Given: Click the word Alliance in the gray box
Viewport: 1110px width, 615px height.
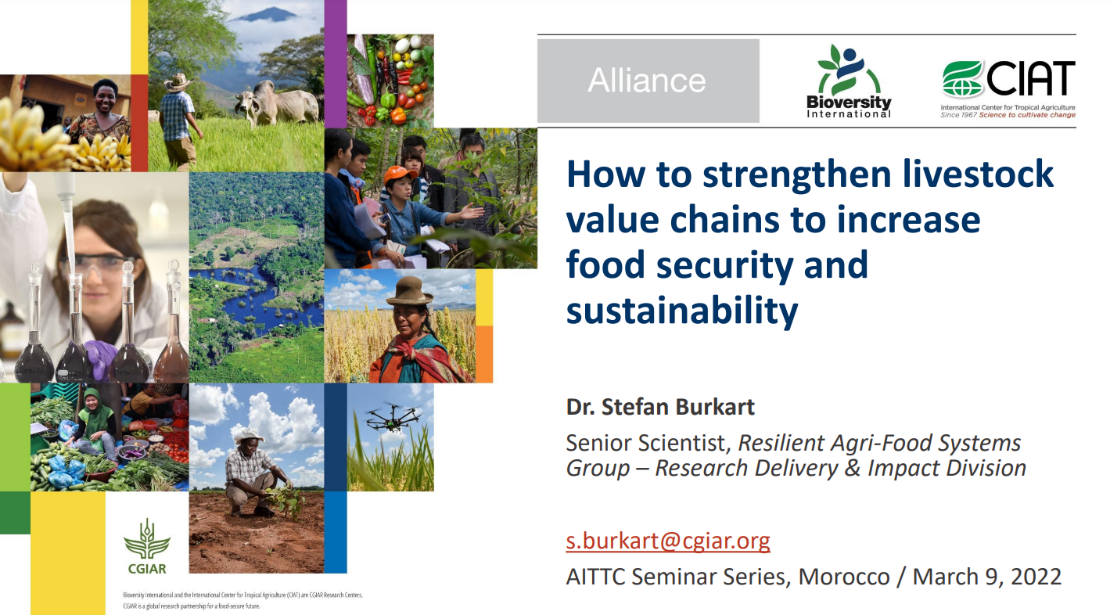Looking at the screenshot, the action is tap(647, 81).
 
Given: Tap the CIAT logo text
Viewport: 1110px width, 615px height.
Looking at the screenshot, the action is tap(1031, 77).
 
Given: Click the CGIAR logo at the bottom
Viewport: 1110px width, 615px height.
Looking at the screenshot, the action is tap(147, 546).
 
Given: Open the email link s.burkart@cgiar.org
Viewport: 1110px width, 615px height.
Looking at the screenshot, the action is tap(668, 540).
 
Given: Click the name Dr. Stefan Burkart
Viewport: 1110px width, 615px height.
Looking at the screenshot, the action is tap(660, 407).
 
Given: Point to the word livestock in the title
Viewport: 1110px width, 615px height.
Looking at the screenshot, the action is tap(978, 174).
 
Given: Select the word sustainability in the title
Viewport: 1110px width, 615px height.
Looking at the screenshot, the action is tap(682, 311).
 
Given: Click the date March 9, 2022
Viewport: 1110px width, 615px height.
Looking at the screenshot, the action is tap(986, 577).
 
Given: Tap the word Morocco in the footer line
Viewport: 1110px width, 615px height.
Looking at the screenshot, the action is tap(844, 577).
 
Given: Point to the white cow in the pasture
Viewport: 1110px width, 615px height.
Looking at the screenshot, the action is tap(277, 102).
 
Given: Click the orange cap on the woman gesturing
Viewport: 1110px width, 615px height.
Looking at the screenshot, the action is tap(400, 174).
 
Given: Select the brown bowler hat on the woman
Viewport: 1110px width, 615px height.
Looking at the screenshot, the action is tap(409, 291).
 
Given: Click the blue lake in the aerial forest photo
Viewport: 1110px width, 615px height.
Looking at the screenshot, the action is tap(263, 297).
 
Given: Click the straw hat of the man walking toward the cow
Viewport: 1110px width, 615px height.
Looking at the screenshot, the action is tap(178, 81).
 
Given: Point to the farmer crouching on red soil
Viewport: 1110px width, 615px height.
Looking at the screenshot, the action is tap(253, 473).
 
